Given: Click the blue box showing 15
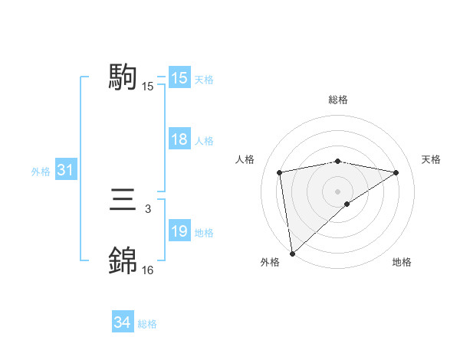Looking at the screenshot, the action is (179, 78).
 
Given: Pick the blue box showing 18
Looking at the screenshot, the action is (179, 139).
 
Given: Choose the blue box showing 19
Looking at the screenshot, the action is (179, 231).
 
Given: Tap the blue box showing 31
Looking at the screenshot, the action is (65, 170).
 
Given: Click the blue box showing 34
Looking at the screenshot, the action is (122, 323).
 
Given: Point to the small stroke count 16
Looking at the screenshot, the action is (147, 270).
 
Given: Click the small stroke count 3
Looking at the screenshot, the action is (147, 208).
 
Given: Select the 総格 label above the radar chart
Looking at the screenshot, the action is (337, 100).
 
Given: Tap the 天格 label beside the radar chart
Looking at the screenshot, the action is (431, 159).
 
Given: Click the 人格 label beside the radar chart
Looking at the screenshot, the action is (245, 159).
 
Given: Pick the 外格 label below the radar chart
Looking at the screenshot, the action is (270, 262).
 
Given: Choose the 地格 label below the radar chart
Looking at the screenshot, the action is (402, 262).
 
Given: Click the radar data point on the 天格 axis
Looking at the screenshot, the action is (396, 172).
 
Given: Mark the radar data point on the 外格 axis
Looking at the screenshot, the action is (292, 253).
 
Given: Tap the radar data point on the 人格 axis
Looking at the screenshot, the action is (280, 172).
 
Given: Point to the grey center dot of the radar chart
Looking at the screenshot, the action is (337, 191).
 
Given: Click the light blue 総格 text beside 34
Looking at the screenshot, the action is (147, 324).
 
